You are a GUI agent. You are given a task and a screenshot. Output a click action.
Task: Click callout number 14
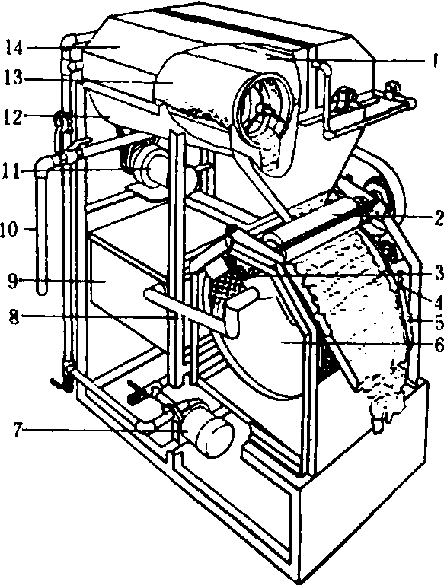(x=14, y=48)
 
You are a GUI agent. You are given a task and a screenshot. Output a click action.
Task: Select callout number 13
(x=14, y=78)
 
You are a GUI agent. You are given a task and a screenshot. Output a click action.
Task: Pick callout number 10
(x=10, y=229)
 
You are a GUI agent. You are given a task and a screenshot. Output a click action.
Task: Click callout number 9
(x=14, y=280)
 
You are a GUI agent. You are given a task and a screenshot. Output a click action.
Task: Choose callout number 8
(x=14, y=317)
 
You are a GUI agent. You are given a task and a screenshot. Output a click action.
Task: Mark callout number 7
(x=18, y=430)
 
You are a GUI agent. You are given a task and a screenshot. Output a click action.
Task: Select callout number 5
(x=438, y=321)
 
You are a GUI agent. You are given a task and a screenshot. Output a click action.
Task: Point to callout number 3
(x=439, y=274)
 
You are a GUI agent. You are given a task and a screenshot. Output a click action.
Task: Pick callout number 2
(x=438, y=218)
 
